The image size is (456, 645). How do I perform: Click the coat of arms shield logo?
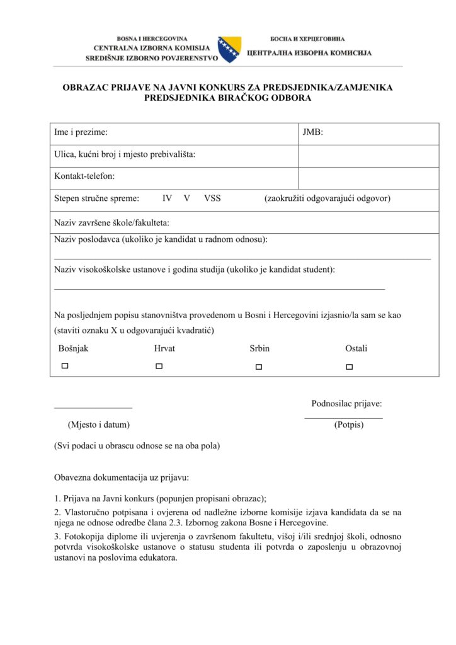[x=229, y=49]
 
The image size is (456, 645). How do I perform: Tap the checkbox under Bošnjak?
[x=64, y=366]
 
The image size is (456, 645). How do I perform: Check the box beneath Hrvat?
[x=159, y=366]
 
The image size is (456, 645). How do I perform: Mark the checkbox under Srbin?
[x=258, y=367]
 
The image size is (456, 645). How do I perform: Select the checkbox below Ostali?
[x=350, y=367]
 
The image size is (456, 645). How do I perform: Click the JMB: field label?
[x=313, y=132]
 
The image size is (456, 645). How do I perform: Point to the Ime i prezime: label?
[x=81, y=132]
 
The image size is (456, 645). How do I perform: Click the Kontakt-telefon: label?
[x=84, y=176]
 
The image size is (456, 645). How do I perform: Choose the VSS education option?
[x=212, y=198]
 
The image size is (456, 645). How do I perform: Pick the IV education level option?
[x=167, y=198]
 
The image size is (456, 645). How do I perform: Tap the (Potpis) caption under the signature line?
[x=349, y=425]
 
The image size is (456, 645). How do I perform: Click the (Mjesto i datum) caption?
[x=99, y=425]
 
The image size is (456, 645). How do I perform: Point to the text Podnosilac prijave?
[x=346, y=404]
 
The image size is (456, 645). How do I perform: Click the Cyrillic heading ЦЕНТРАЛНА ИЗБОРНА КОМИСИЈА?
[x=309, y=53]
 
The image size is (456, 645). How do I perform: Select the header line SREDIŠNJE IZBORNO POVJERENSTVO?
[x=152, y=58]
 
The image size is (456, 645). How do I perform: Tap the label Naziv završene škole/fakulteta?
[x=112, y=222]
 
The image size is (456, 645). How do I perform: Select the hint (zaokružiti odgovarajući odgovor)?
[x=327, y=198]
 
